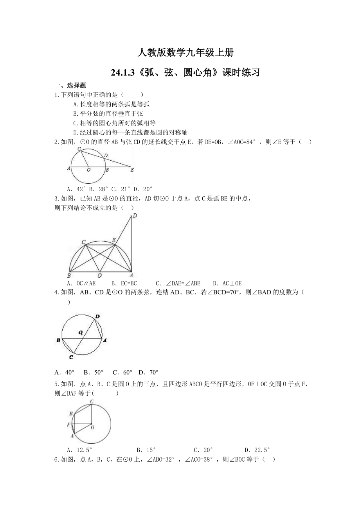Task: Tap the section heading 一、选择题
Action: point(70,86)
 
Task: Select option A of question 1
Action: point(111,104)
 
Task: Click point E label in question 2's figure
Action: point(132,170)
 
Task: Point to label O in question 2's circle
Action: point(88,170)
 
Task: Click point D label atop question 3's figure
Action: point(135,216)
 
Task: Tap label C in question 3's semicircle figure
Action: point(83,243)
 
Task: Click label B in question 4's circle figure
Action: point(58,341)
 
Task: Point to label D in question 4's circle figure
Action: point(97,316)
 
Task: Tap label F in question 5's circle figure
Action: point(68,425)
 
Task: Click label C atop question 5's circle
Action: point(92,402)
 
